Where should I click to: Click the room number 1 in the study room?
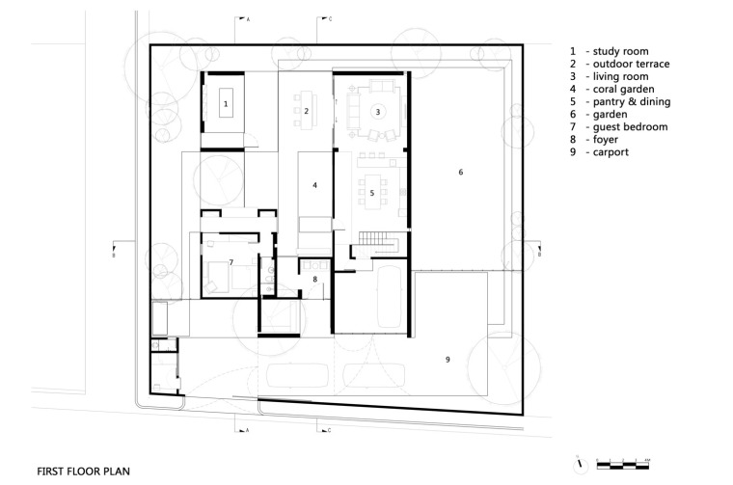(x=226, y=102)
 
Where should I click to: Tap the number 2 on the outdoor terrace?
(x=306, y=112)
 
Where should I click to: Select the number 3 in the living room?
(x=378, y=112)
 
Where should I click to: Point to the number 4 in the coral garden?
(x=314, y=184)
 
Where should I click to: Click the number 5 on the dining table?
(x=372, y=193)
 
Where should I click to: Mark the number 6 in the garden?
(x=461, y=172)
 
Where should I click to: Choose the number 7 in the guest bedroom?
(x=231, y=262)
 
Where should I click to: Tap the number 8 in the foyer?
(x=314, y=280)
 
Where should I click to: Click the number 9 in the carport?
(x=448, y=360)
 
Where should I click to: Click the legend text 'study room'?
(x=616, y=51)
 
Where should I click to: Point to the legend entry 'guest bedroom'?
(x=623, y=126)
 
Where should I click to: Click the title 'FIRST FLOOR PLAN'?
(x=83, y=472)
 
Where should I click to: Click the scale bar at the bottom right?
(x=624, y=465)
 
